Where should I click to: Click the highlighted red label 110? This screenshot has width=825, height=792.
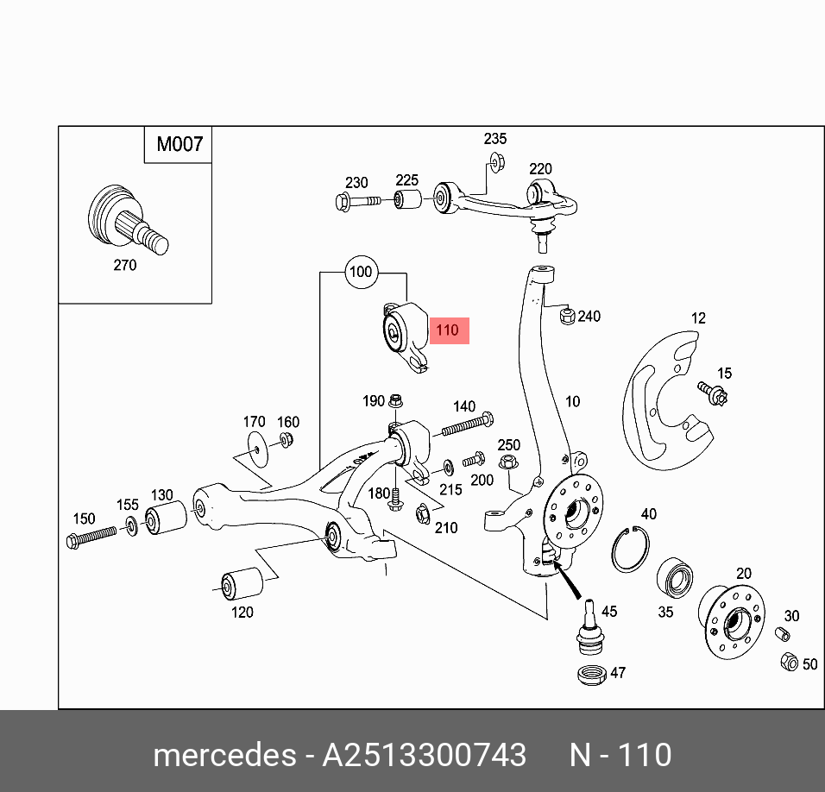coord(448,330)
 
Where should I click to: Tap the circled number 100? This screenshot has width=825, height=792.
coord(360,272)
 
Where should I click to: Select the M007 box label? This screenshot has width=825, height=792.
coord(179,144)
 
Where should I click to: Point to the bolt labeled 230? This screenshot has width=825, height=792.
coord(356,203)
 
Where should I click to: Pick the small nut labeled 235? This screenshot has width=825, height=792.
coord(495,160)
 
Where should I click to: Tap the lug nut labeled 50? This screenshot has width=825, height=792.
coord(789,663)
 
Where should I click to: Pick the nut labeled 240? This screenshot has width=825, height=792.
coord(567,317)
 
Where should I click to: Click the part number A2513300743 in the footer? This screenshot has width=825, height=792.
coord(424,756)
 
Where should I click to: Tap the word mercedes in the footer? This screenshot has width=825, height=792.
coord(224,756)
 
